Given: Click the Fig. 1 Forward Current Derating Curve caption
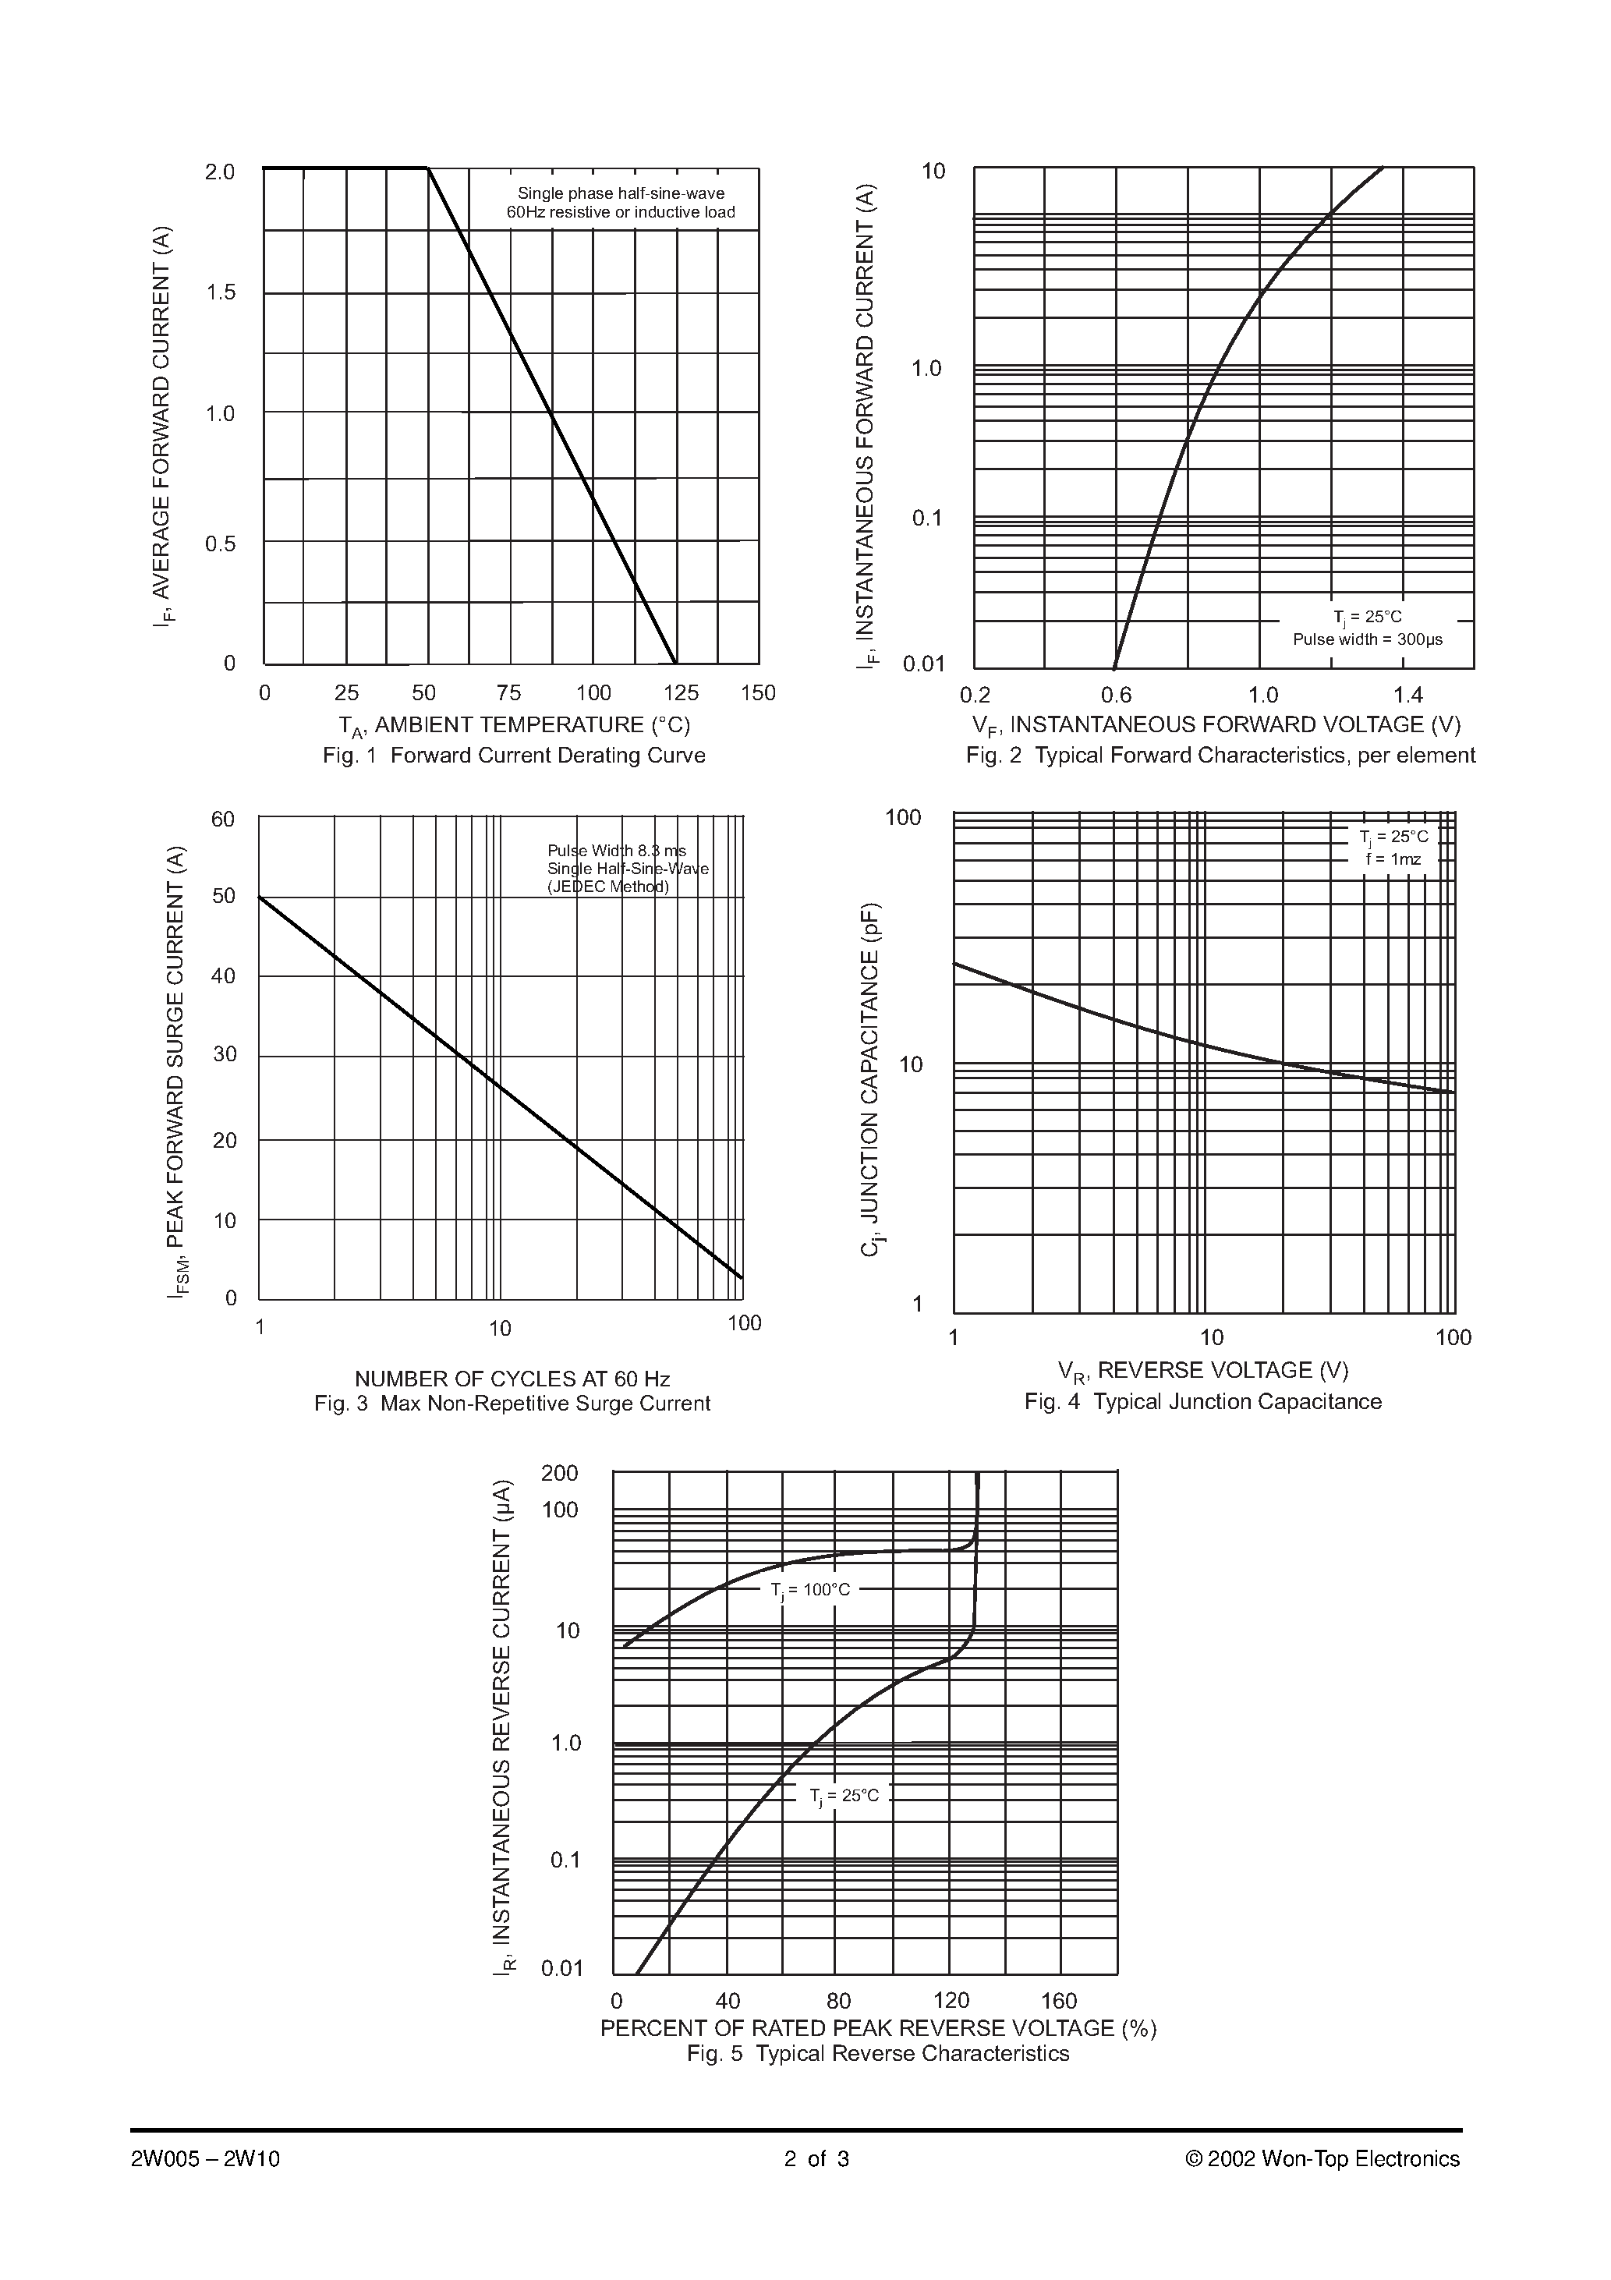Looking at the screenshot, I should coord(514,756).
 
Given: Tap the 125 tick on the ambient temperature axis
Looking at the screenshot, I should coord(681,693).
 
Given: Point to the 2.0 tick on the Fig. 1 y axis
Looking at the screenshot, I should coord(219,172).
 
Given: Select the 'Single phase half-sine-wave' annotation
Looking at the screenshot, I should coord(621,193).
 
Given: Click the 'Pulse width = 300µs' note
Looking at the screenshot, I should coord(1367,639).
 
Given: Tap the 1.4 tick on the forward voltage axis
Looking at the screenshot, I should coord(1407,695).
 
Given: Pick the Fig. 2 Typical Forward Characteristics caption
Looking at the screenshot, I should coord(1220,756).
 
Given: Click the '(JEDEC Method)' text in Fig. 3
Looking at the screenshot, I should coord(608,887).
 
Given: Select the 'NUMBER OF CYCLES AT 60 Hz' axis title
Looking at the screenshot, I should coord(512,1379).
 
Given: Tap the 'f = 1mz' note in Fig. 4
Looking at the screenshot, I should coord(1393,859).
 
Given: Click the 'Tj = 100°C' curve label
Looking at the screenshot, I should coord(810,1590).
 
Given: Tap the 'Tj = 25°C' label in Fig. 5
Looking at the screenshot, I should coord(843,1797).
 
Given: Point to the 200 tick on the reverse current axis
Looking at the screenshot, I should coord(559,1474).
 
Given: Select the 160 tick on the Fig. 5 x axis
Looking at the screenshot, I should coord(1059,2001).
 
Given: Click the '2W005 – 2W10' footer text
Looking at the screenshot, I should coord(206,2159).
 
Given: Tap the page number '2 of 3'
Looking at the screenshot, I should coord(816,2159).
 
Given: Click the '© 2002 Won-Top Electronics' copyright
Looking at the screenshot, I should coord(1322,2159).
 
